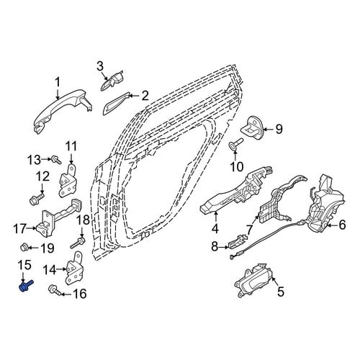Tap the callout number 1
pos(58,83)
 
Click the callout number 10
pos(236,166)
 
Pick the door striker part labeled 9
pos(253,127)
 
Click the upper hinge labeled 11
pos(68,180)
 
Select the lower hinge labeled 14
pos(74,269)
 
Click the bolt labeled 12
pos(37,199)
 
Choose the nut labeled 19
pos(24,247)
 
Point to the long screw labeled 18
pos(78,243)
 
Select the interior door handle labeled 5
pos(254,280)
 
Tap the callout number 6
pos(342,225)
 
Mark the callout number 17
pos(19,228)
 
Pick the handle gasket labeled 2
pos(117,104)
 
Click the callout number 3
pos(100,66)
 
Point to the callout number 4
pos(215,228)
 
